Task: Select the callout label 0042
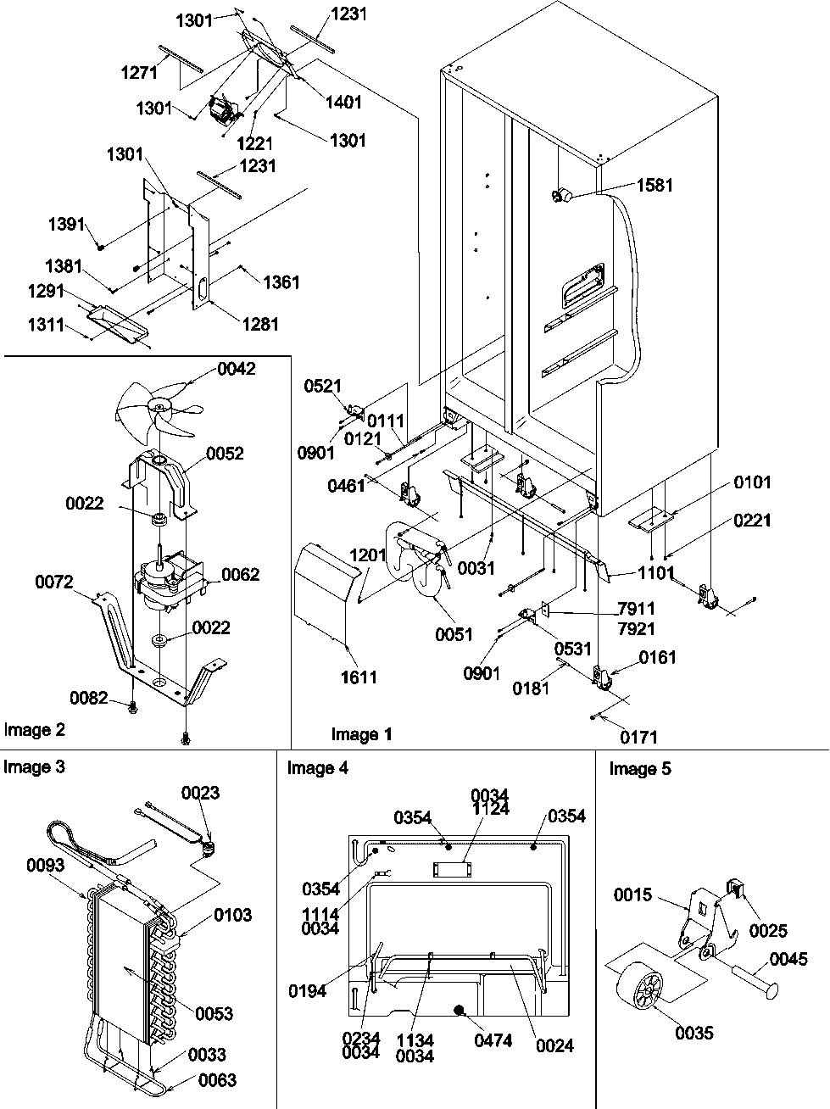click(x=236, y=369)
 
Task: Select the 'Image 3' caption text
click(x=34, y=767)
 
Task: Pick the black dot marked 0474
click(x=460, y=1010)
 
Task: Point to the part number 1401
click(x=343, y=103)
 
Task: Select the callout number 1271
click(x=138, y=74)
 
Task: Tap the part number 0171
click(x=637, y=738)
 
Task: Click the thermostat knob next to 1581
click(x=559, y=197)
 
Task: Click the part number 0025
click(x=767, y=931)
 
